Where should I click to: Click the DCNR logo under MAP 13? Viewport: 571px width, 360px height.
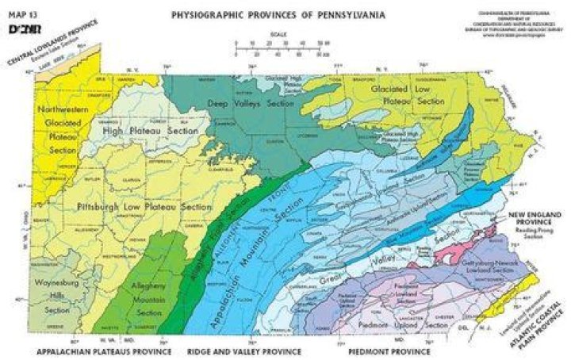pyautogui.click(x=21, y=29)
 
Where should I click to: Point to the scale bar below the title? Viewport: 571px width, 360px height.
pyautogui.click(x=282, y=48)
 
